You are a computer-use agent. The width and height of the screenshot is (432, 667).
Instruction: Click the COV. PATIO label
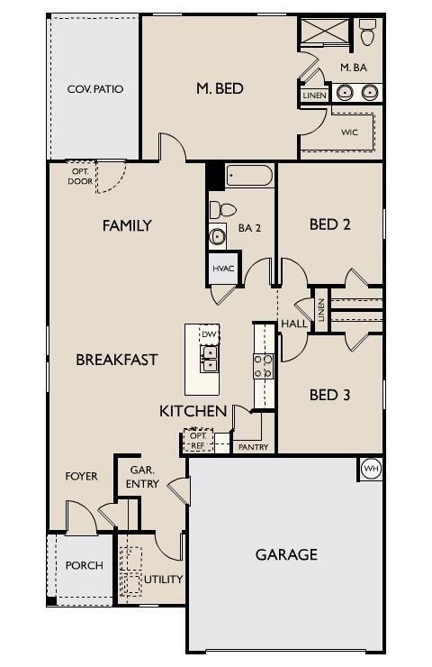[94, 89]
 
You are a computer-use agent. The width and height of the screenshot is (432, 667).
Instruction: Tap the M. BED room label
[220, 88]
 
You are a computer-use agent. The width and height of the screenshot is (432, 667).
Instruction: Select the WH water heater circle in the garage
[371, 469]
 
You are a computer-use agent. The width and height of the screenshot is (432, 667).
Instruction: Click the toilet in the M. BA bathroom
[367, 33]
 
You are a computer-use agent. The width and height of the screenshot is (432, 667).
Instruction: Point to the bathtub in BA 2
[249, 175]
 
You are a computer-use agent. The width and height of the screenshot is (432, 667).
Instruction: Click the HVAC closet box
[223, 269]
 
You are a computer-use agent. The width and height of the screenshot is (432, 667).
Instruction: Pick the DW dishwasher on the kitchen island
[209, 334]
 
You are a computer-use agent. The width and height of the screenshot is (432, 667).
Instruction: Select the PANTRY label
[253, 446]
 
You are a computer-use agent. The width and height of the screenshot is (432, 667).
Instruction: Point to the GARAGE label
[286, 554]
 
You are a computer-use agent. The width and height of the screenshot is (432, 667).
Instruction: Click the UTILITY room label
[164, 579]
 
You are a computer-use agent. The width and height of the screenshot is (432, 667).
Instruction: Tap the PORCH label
[84, 566]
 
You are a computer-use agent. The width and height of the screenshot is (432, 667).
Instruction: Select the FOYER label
[81, 476]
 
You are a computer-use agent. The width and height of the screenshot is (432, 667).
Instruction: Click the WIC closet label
[349, 132]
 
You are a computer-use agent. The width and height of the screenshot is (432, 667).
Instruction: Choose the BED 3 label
[329, 395]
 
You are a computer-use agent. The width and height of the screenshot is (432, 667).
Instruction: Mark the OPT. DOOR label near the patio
[79, 176]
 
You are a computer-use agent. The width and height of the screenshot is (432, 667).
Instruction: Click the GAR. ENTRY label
[144, 477]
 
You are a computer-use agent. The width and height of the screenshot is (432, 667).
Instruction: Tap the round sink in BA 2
[217, 237]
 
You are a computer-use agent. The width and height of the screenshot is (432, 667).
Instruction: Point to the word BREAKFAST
[117, 360]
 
